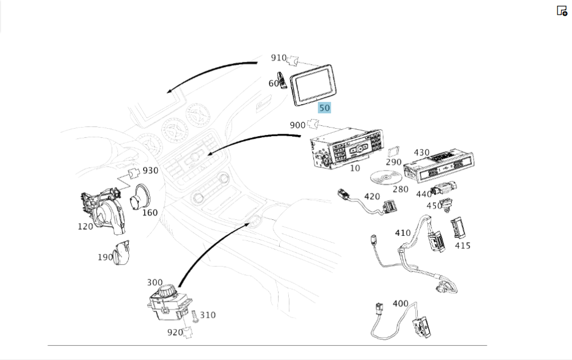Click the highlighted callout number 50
pyautogui.click(x=324, y=107)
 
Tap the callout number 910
pyautogui.click(x=279, y=58)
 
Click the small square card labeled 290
pyautogui.click(x=393, y=152)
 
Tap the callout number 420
pyautogui.click(x=372, y=197)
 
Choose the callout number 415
pyautogui.click(x=463, y=246)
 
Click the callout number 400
pyautogui.click(x=400, y=303)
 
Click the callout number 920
pyautogui.click(x=175, y=332)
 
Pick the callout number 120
pyautogui.click(x=85, y=227)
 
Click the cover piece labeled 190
pyautogui.click(x=122, y=253)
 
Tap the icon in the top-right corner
pyautogui.click(x=562, y=10)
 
